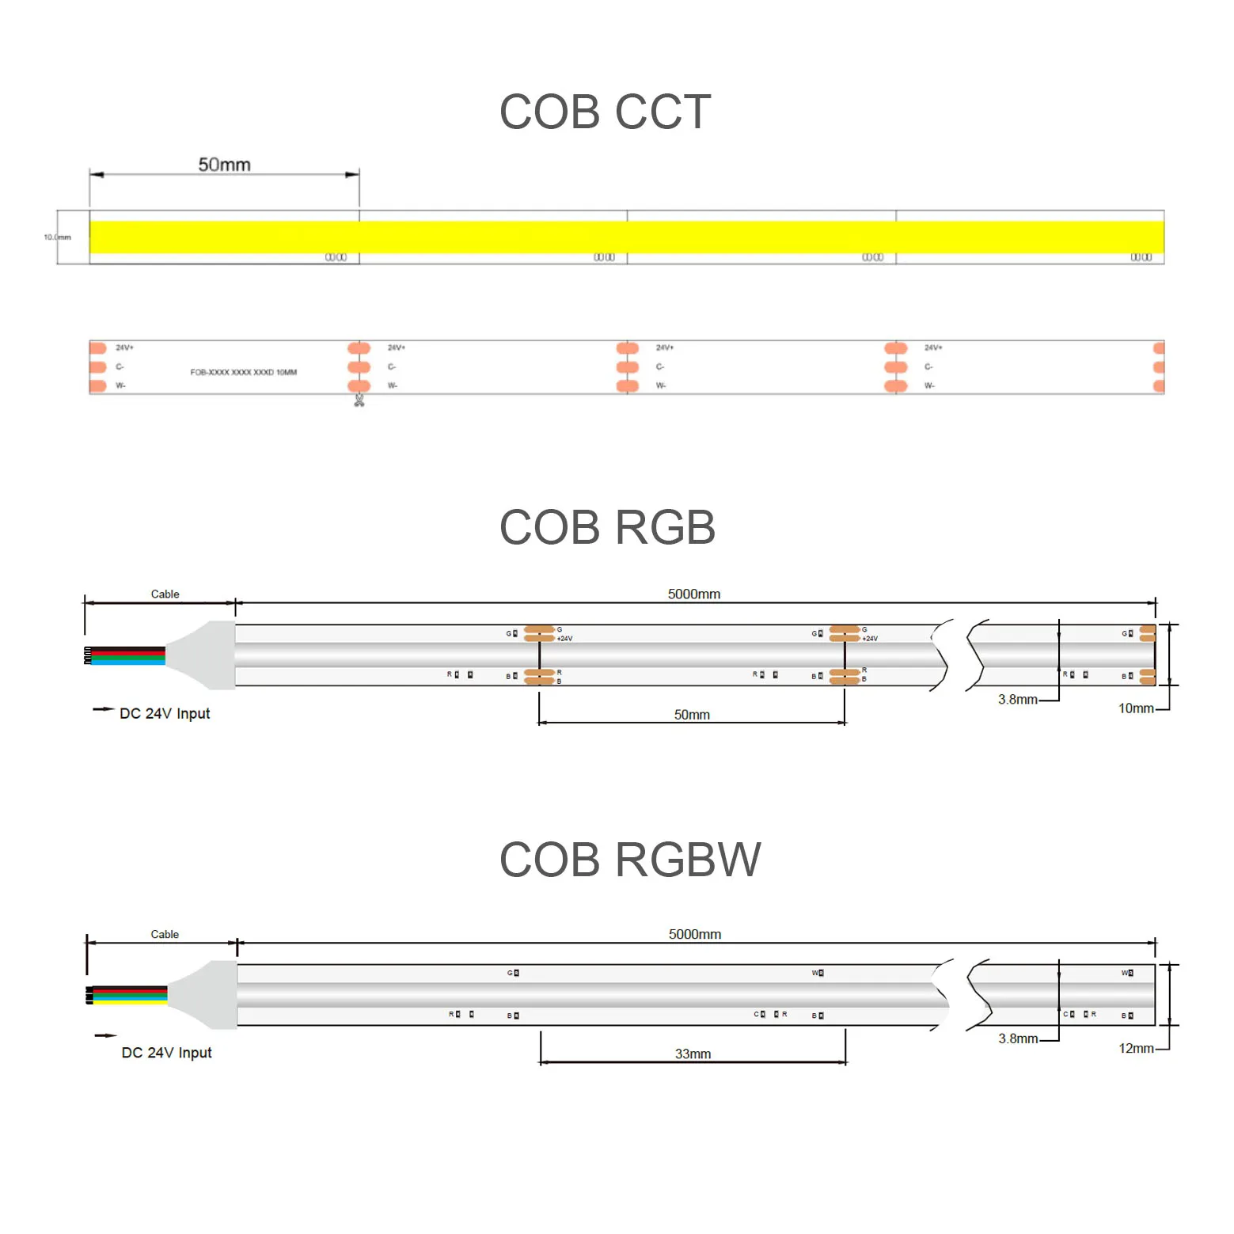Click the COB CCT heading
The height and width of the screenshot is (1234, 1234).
[x=605, y=112]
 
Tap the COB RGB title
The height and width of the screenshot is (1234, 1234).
[x=607, y=527]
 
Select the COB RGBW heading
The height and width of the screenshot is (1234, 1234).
[x=630, y=860]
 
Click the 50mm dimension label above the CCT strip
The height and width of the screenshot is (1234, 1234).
[x=224, y=165]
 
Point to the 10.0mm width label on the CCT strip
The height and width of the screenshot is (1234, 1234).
[x=57, y=237]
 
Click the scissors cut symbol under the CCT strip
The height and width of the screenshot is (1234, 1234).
[x=359, y=401]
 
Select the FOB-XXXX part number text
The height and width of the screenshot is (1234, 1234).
[x=243, y=372]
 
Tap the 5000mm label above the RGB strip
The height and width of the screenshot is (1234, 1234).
[x=693, y=594]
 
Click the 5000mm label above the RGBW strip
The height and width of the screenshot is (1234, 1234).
[x=694, y=934]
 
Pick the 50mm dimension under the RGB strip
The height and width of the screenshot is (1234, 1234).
[x=692, y=715]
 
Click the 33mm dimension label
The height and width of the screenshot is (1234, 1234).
[x=693, y=1054]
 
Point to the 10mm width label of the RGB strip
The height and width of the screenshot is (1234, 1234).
[x=1135, y=708]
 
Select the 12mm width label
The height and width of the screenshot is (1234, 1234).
[x=1135, y=1048]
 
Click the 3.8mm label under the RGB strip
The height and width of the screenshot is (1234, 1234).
[x=1017, y=700]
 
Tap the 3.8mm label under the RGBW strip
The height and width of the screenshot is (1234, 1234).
[x=1017, y=1038]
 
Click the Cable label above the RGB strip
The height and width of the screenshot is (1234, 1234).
[x=165, y=594]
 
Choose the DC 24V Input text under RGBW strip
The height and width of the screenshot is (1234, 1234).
[x=166, y=1053]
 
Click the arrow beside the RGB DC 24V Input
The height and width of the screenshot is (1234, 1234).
[x=103, y=709]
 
